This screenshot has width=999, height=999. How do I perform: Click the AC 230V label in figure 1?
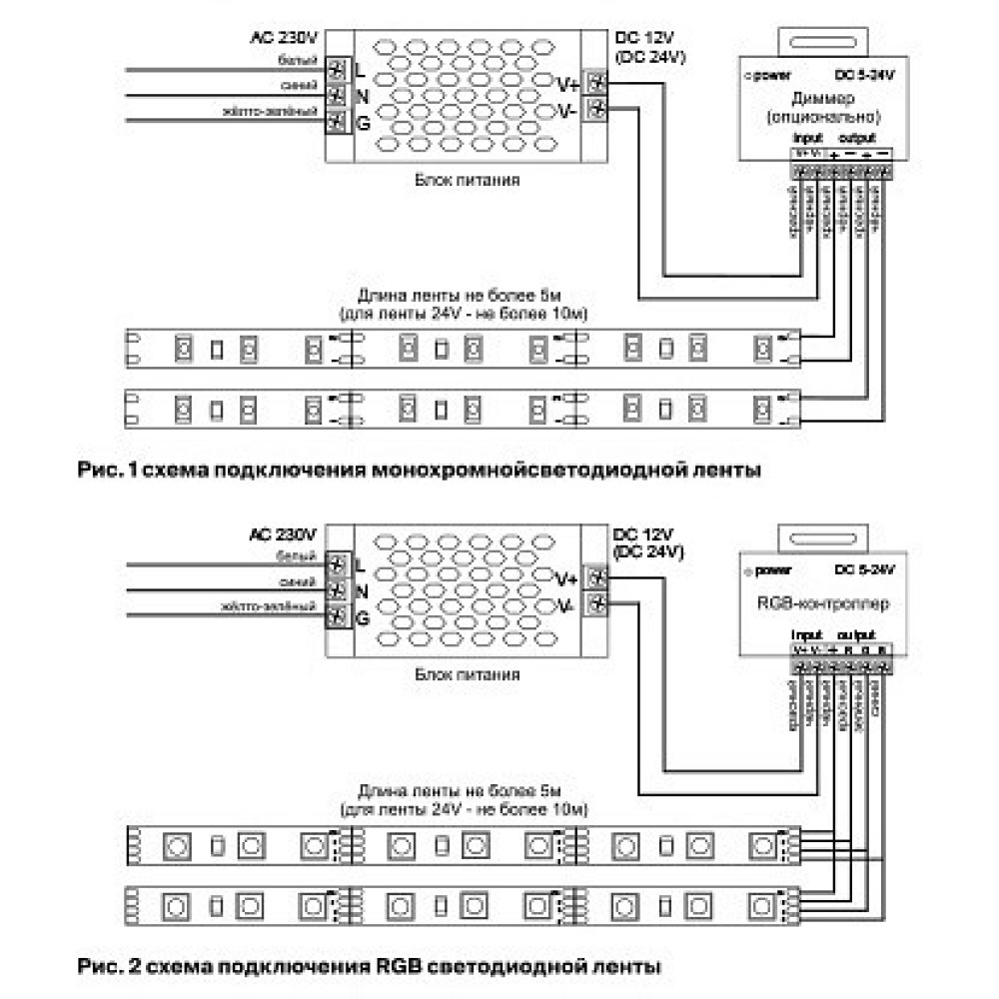tap(284, 39)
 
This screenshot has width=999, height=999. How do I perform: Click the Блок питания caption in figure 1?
tap(467, 181)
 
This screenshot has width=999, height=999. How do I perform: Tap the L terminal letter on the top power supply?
tap(361, 70)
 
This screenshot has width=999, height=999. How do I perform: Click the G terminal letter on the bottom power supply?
tap(362, 618)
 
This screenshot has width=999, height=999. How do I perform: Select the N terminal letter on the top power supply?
tap(362, 96)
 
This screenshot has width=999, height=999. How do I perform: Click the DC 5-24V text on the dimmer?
tap(865, 75)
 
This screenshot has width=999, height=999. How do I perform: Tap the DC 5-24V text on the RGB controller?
tap(865, 569)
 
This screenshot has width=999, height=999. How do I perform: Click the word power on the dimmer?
tap(771, 75)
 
